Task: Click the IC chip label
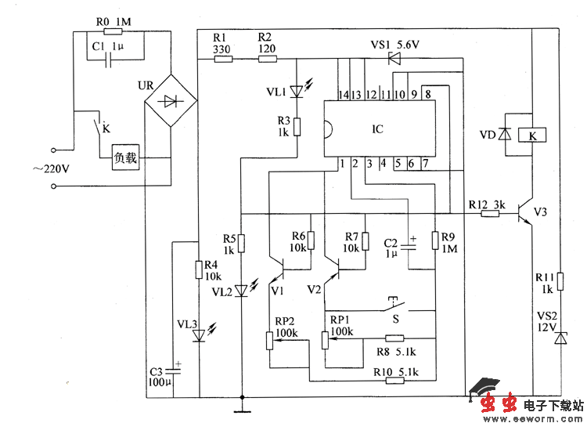click(x=377, y=130)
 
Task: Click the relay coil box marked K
click(x=532, y=135)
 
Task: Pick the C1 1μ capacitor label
click(x=107, y=47)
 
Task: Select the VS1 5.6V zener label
click(x=395, y=45)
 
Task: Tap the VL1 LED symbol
click(x=295, y=92)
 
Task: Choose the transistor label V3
click(x=540, y=211)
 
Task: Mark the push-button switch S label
click(x=396, y=320)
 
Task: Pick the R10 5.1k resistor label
click(x=397, y=371)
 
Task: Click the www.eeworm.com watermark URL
click(x=539, y=418)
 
